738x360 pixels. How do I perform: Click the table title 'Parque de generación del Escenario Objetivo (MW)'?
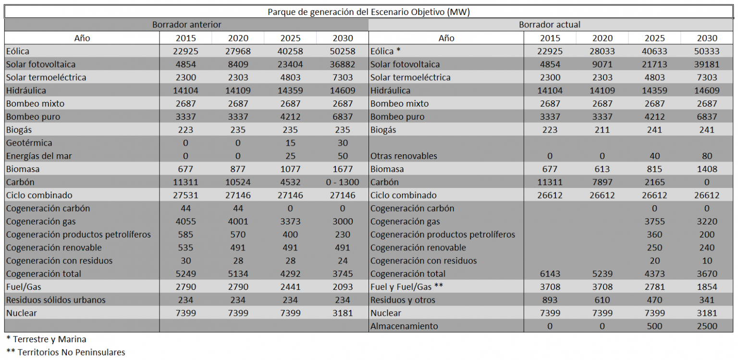click(x=369, y=12)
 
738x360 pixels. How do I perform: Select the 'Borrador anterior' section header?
click(x=186, y=25)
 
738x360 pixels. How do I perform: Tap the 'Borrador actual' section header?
click(x=550, y=25)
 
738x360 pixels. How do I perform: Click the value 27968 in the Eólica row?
click(x=238, y=51)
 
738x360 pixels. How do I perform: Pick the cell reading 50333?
click(x=707, y=51)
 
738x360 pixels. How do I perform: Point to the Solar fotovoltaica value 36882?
click(x=343, y=64)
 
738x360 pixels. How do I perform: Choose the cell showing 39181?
click(x=707, y=64)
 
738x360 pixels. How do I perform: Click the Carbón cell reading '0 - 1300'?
click(x=343, y=182)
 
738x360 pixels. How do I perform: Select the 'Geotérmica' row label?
click(x=29, y=143)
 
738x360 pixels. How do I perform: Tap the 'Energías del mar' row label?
click(x=39, y=156)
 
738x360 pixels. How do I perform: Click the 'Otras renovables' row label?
click(x=404, y=156)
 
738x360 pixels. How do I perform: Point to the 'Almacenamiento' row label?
click(x=404, y=326)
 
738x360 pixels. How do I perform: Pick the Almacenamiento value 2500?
click(x=707, y=326)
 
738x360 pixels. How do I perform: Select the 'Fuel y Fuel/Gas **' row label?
click(x=406, y=287)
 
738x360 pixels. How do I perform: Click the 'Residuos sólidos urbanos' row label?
click(x=56, y=300)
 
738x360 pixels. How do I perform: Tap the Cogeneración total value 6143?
click(x=550, y=274)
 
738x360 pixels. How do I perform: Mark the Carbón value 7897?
click(x=602, y=182)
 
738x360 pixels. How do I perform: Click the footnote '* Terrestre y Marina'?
click(x=46, y=339)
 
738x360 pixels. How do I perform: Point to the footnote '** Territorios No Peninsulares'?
click(x=65, y=352)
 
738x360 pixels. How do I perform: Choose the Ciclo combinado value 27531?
click(x=185, y=196)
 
